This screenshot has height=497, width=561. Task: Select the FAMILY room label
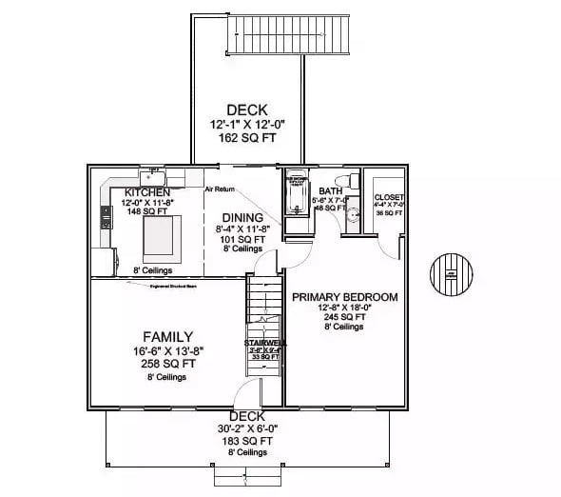coord(167,336)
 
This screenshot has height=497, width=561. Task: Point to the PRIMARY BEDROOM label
coord(344,297)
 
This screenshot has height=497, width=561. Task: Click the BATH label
coord(330,190)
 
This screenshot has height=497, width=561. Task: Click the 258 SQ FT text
coord(167,363)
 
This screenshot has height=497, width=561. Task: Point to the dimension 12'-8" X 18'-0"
coord(343,308)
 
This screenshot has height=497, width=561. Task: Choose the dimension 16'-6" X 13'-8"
coord(167,350)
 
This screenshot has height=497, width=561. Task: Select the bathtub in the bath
coord(298,194)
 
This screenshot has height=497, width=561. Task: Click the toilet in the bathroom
coord(352,181)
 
